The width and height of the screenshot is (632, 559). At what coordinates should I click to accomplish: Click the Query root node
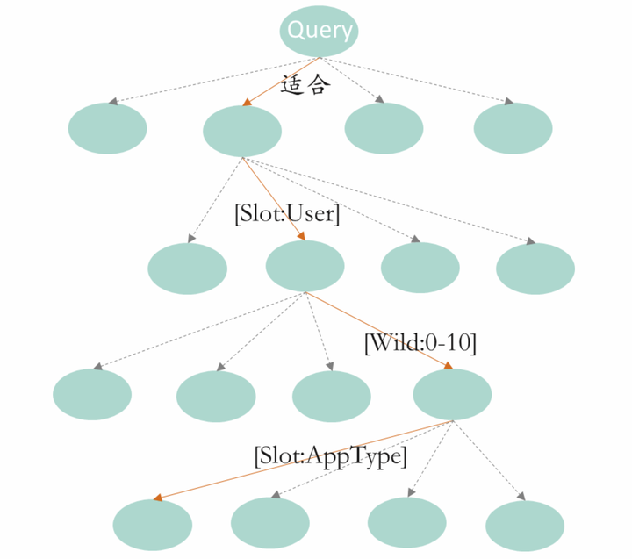click(320, 32)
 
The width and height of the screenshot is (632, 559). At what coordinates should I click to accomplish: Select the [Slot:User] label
click(287, 215)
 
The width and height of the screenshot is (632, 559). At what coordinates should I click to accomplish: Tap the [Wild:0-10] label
click(420, 343)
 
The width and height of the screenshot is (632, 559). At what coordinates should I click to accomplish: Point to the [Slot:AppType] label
click(330, 456)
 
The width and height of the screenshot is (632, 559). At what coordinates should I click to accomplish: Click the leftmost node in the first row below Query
click(107, 129)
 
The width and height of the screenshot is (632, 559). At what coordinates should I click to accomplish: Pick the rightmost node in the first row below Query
click(513, 128)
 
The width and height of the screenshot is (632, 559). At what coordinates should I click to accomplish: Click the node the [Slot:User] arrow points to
click(305, 267)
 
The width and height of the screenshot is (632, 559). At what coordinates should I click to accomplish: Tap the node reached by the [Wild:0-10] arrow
click(452, 394)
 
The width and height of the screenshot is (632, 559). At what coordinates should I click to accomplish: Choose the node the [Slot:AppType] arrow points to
click(153, 524)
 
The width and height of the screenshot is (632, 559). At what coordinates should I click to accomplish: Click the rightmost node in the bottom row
click(525, 525)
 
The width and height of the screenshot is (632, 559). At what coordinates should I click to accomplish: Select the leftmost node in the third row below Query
click(92, 395)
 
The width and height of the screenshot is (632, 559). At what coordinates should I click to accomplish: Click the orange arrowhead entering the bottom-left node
click(158, 498)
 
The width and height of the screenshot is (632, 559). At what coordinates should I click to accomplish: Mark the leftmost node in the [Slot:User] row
click(188, 269)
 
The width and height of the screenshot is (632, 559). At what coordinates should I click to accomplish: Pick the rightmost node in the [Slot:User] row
click(535, 269)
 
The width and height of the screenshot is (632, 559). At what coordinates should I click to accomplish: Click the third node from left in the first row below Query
click(384, 128)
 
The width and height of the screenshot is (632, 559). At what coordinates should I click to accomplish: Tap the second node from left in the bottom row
click(270, 523)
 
